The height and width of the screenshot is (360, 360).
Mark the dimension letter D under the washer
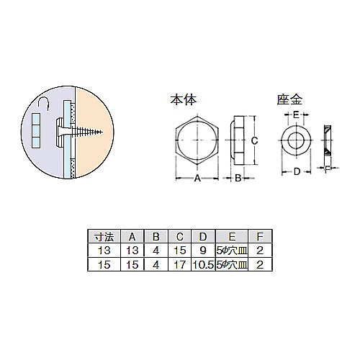coord(296,172)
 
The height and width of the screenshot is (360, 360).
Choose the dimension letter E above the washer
coord(296,114)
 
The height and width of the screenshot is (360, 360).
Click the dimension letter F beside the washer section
coord(328,171)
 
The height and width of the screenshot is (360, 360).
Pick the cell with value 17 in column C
coord(178,264)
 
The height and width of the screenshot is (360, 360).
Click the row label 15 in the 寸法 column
coord(102,264)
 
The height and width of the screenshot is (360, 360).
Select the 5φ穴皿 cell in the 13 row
coord(230,251)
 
